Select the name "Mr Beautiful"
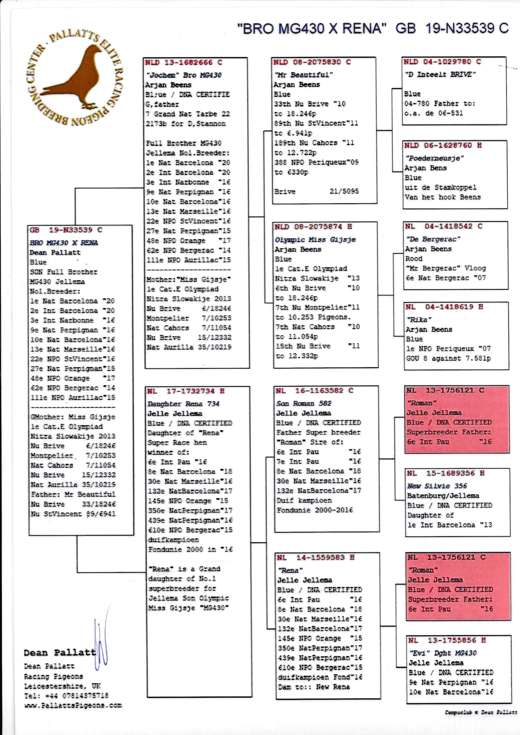click(x=304, y=75)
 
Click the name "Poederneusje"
click(x=434, y=158)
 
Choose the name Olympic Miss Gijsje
click(x=315, y=240)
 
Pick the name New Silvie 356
click(x=437, y=486)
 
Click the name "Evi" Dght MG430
click(x=443, y=653)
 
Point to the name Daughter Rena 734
click(x=183, y=404)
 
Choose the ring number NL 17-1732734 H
click(x=186, y=391)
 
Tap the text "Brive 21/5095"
click(x=317, y=192)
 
